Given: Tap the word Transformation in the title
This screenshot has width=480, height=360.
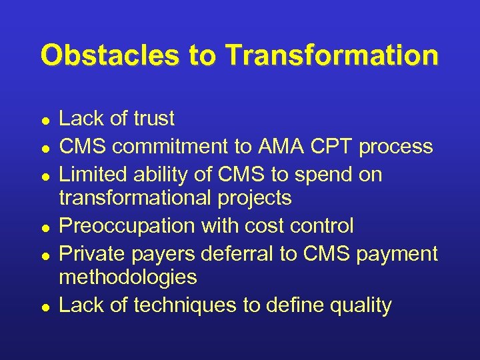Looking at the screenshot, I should pyautogui.click(x=332, y=56).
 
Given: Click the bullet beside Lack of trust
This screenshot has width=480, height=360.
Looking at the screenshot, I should pyautogui.click(x=44, y=121).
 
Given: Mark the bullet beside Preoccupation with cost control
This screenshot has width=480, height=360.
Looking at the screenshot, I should pyautogui.click(x=44, y=227).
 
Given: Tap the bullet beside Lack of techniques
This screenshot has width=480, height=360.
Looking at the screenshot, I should pyautogui.click(x=44, y=307).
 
